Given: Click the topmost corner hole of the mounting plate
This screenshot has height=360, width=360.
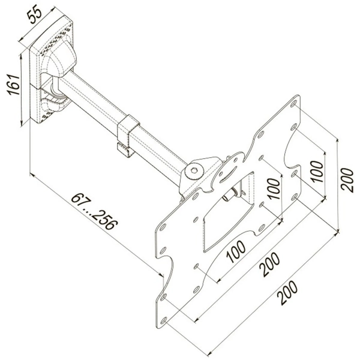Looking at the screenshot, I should pyautogui.click(x=293, y=103).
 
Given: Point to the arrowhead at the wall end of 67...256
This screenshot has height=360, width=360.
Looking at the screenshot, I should pyautogui.click(x=31, y=175).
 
